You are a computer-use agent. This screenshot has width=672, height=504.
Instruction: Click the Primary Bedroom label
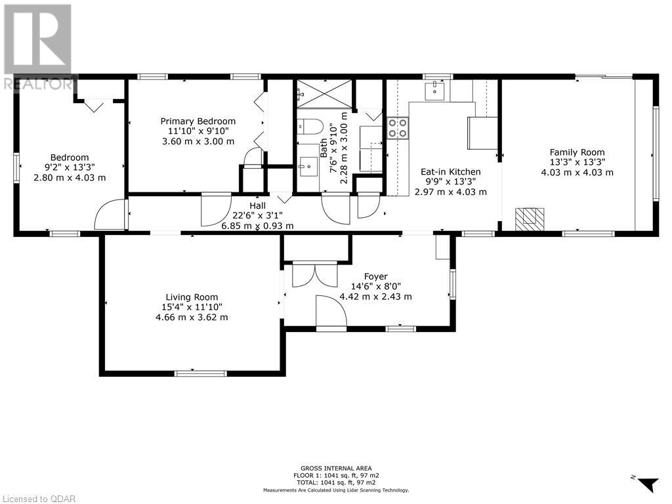point(198,121)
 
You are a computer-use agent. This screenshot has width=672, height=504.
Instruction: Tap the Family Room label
point(577,152)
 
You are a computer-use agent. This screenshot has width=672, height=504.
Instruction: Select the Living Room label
point(192,297)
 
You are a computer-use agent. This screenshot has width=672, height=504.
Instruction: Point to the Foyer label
point(376,276)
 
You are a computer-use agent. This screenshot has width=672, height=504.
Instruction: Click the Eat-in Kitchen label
point(450,172)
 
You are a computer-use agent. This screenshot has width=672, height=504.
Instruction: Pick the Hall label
point(257,205)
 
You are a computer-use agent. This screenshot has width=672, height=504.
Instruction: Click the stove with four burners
point(398,129)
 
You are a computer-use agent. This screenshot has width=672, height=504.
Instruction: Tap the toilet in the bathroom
point(310,127)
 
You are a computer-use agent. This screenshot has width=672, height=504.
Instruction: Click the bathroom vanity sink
point(308,167)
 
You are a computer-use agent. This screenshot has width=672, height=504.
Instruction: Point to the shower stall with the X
point(324,93)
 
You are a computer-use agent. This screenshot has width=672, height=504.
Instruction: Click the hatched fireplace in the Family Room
point(530,217)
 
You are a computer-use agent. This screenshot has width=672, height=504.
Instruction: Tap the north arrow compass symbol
point(647,483)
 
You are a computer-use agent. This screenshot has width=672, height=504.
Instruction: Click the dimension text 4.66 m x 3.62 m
point(192,318)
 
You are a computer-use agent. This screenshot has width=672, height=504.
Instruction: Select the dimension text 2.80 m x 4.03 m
point(70,178)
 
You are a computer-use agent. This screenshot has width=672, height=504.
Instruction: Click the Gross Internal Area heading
point(337,469)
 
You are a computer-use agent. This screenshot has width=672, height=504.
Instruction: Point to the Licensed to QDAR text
point(37,499)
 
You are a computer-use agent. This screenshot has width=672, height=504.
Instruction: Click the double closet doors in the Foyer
point(315,275)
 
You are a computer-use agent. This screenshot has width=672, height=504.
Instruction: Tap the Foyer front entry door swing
point(331,311)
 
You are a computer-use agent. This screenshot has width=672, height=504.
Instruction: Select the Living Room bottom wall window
point(201,373)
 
